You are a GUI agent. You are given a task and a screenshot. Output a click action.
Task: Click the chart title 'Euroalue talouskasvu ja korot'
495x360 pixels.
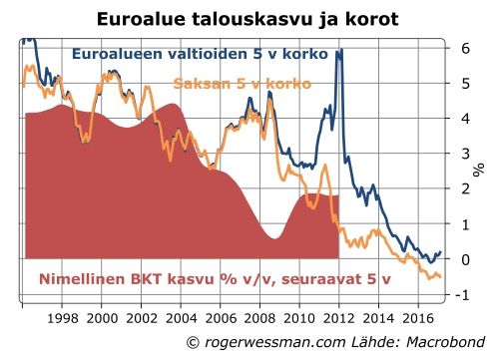click(247, 18)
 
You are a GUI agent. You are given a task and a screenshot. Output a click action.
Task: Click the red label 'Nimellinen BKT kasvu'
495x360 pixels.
click(128, 279)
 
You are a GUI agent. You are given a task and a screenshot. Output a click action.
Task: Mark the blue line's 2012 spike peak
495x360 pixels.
click(339, 50)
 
